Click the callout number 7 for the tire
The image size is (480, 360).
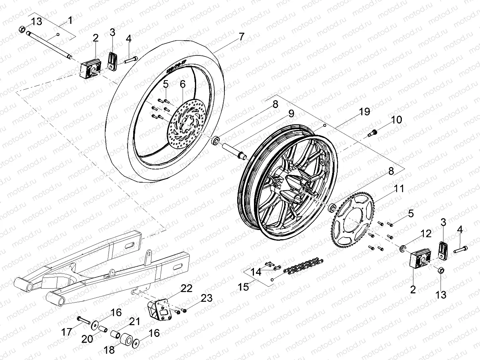click(x=241, y=37)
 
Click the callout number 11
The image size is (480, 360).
click(x=399, y=188)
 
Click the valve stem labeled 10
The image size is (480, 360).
click(x=374, y=133)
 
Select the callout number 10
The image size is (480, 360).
click(x=396, y=120)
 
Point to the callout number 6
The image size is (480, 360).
click(x=182, y=84)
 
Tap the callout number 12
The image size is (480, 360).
click(x=415, y=233)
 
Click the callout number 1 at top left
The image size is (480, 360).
click(x=70, y=20)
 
